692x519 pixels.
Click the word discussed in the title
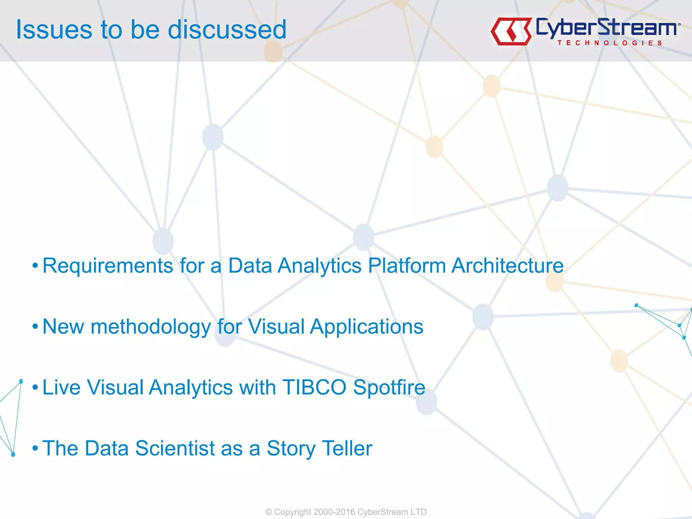(227, 30)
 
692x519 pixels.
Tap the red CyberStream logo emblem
(511, 31)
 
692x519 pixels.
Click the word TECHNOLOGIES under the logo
(610, 43)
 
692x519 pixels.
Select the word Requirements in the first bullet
(108, 266)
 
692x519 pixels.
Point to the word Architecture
(508, 266)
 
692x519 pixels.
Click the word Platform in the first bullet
(407, 266)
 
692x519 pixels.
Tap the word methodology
(151, 327)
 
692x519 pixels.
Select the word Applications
(366, 327)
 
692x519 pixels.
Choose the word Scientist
(175, 448)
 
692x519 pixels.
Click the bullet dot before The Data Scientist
(35, 448)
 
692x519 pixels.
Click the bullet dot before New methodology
(35, 327)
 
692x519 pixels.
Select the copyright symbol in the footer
(269, 512)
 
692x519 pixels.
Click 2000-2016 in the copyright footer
(334, 512)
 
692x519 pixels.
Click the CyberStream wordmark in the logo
(607, 28)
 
